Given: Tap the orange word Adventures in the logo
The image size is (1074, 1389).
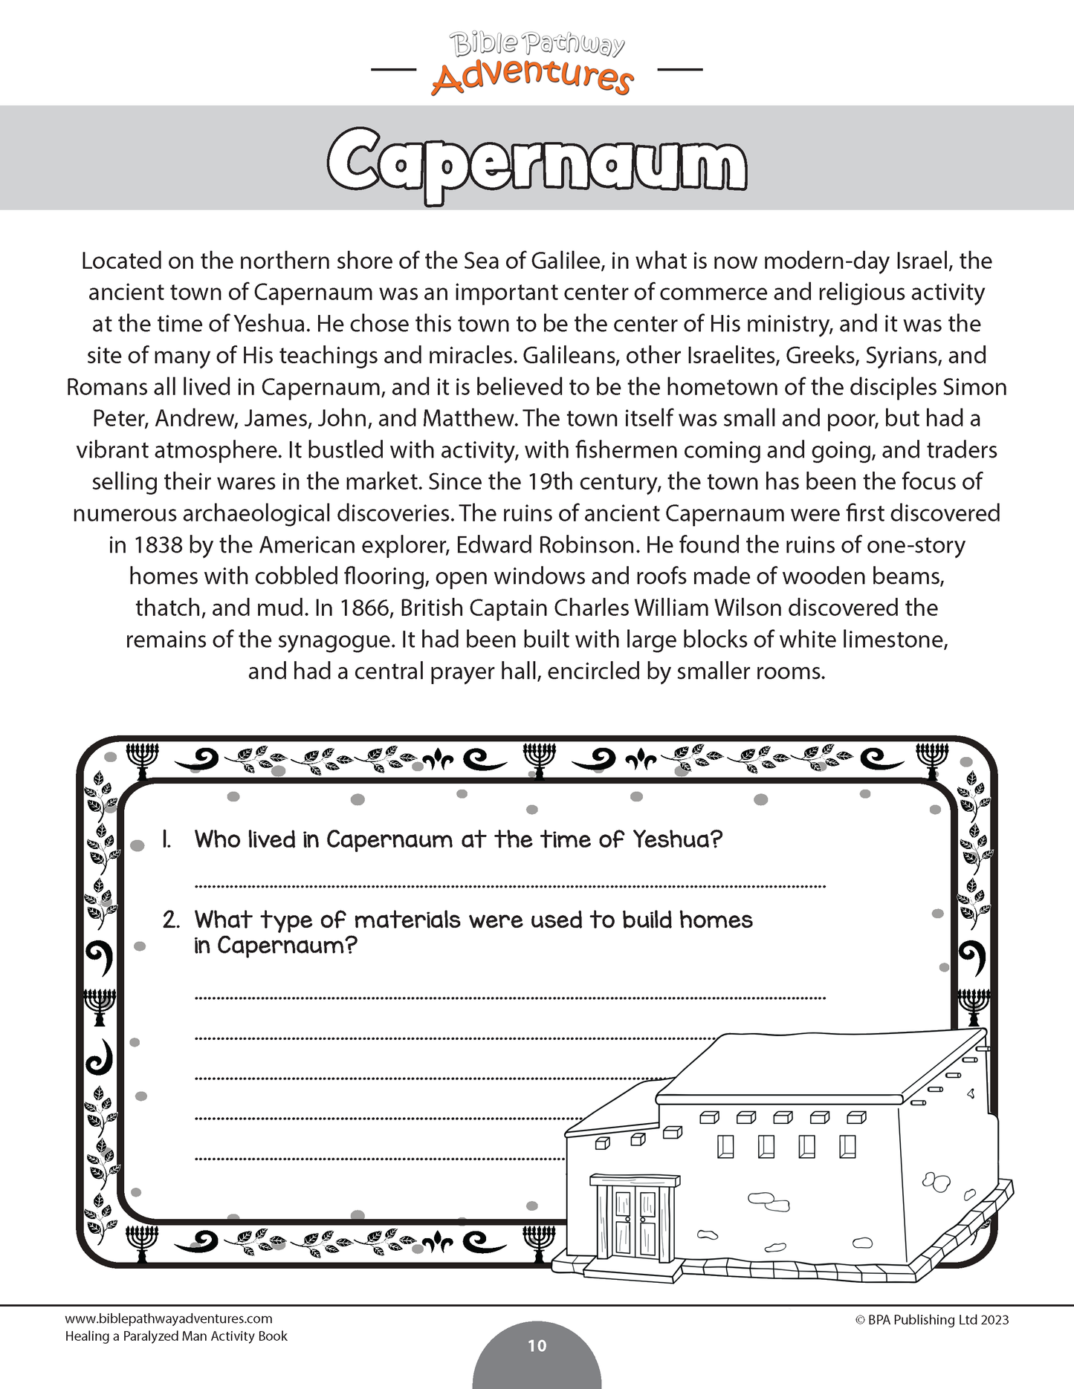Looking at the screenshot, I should click(532, 77).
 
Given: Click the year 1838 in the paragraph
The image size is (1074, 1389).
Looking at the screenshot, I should click(158, 545).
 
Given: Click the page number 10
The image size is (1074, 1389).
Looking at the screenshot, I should click(537, 1345).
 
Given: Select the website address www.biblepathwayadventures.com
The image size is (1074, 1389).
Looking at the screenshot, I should click(169, 1319).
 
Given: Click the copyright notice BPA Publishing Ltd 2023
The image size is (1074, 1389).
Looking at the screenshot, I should click(932, 1320).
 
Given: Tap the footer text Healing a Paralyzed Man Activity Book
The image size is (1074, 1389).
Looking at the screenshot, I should click(176, 1336).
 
